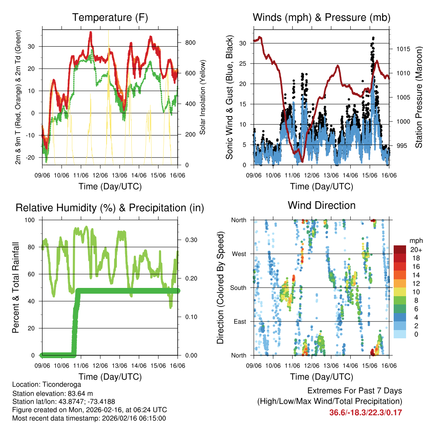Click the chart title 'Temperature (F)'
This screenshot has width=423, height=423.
110,17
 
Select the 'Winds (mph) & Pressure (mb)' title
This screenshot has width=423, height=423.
321,17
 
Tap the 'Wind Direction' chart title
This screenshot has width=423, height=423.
321,205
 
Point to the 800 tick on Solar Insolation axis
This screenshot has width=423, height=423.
185,43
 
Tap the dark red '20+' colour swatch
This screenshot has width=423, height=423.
400,250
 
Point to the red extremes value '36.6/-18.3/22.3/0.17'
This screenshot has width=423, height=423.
366,412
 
